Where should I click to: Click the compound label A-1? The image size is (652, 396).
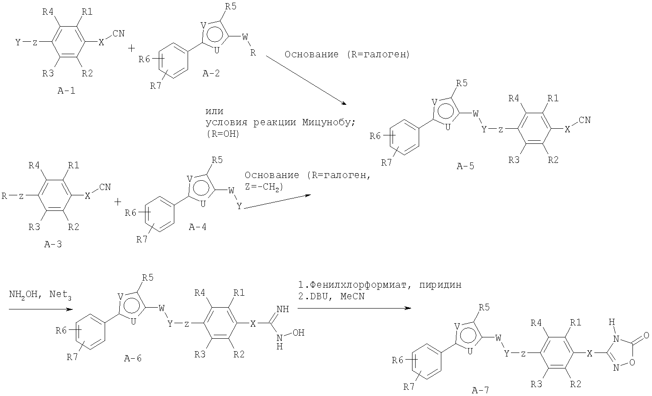coord(67,91)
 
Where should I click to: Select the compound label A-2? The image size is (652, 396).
coord(211,73)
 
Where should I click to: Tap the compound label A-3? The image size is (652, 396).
coord(53,244)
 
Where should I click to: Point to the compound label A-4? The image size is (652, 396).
coord(197,227)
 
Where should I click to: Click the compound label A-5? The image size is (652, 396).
coord(465,166)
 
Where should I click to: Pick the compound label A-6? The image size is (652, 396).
coord(133,358)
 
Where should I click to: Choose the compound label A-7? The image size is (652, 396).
coord(480,390)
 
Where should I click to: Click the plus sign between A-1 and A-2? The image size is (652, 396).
coord(132,48)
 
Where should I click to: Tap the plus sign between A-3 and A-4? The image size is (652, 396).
coord(118,202)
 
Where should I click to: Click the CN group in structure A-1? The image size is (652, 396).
coord(118,33)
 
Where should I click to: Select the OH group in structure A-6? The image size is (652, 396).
coord(299,333)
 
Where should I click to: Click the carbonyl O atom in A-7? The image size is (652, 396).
coord(646,335)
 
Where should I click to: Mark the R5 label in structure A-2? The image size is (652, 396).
coord(231,6)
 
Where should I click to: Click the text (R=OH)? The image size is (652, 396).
coord(223,134)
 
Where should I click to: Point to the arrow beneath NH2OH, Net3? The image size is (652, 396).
coord(41,309)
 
